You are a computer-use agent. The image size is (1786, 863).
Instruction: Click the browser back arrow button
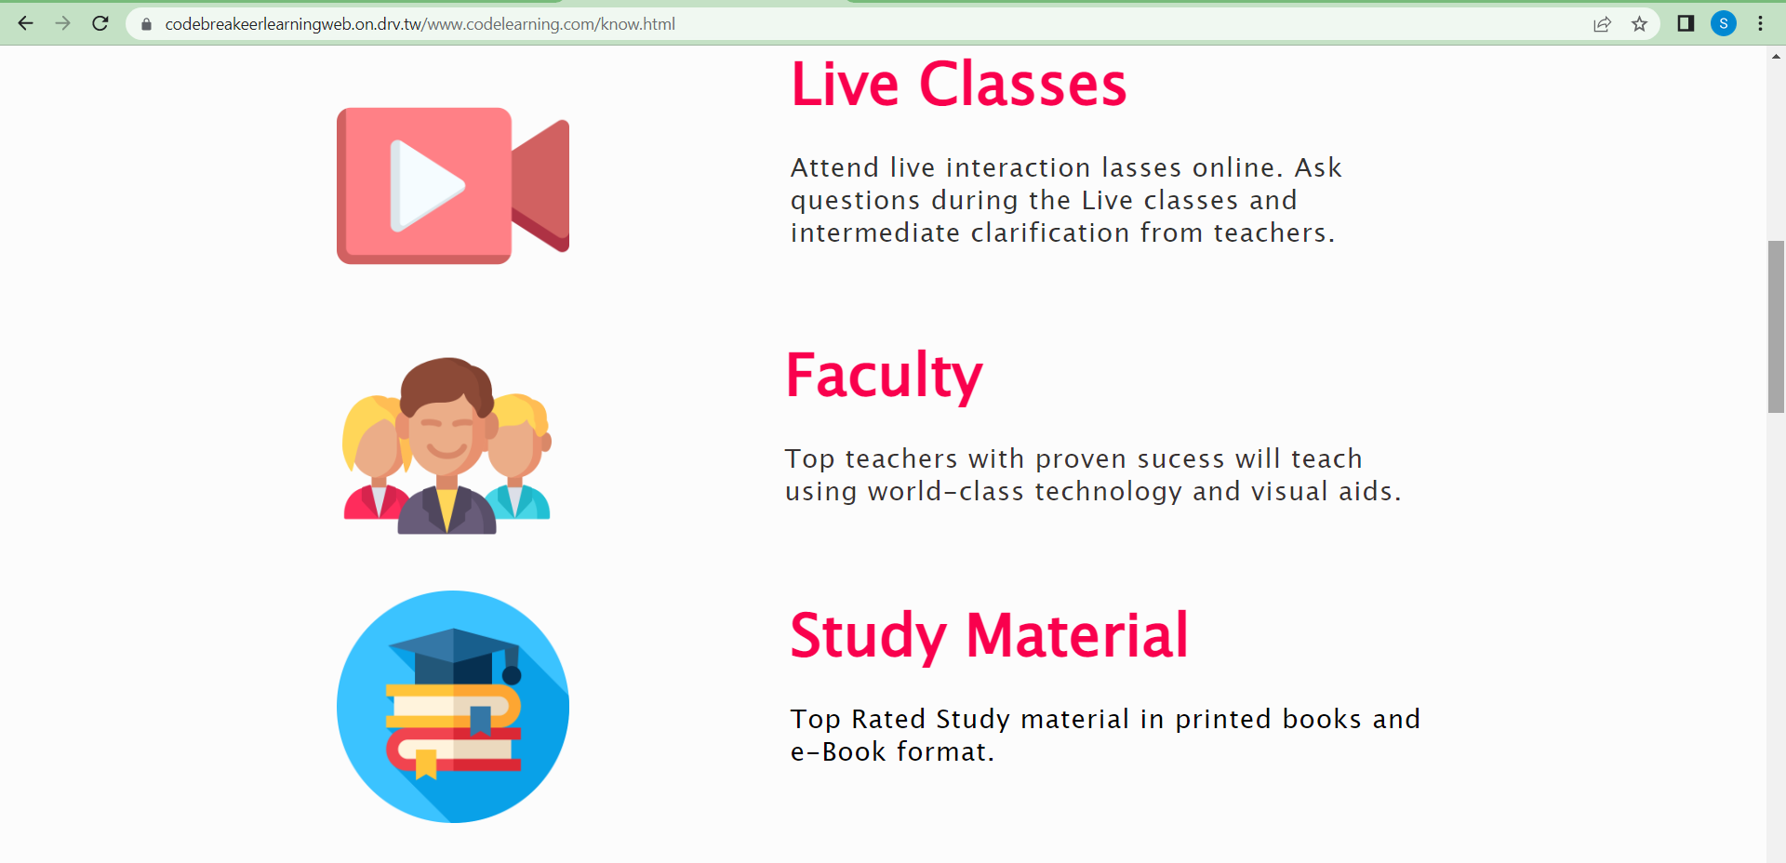(26, 23)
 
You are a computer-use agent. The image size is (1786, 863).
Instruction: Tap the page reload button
(100, 23)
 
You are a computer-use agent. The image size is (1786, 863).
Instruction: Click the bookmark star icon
(1639, 24)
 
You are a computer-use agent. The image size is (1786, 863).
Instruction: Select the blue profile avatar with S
(1724, 23)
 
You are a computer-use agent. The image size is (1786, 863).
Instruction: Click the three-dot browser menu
(1761, 23)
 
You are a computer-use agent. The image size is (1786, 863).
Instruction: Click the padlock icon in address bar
(146, 24)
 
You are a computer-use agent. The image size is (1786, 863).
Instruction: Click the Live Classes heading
(958, 85)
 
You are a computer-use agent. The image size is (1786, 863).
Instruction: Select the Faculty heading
(884, 377)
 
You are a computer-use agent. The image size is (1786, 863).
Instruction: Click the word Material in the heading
(1077, 636)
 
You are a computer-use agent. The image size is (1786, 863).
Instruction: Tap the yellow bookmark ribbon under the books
(426, 763)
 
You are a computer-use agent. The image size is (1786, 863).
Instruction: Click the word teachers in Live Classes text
(1270, 232)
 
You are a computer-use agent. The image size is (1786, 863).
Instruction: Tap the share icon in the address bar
(1602, 24)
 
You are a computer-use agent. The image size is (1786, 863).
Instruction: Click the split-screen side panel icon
(1686, 23)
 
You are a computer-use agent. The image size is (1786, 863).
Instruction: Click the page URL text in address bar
(420, 24)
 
